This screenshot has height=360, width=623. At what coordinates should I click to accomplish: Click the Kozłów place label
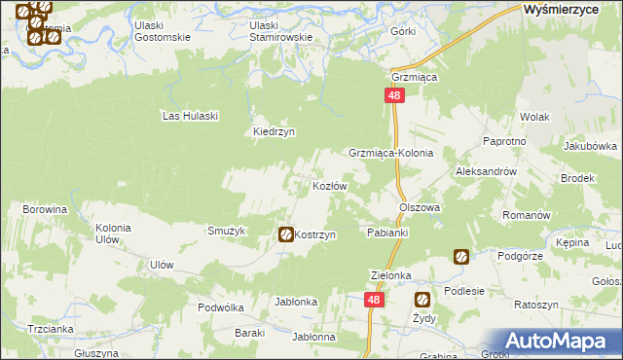click(x=329, y=186)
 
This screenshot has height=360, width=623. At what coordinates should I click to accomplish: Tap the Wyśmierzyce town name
click(x=566, y=8)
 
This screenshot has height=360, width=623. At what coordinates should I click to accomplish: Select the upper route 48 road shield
click(x=394, y=95)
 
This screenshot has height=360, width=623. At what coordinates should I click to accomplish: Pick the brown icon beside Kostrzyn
click(x=285, y=234)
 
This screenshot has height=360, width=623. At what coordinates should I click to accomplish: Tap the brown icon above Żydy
click(x=422, y=300)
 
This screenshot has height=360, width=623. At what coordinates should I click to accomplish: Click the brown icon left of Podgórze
click(x=460, y=257)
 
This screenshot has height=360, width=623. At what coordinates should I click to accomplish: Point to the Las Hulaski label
click(x=191, y=116)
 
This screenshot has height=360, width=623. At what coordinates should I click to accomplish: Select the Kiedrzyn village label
click(x=274, y=131)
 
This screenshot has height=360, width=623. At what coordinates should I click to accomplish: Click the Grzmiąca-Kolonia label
click(x=390, y=154)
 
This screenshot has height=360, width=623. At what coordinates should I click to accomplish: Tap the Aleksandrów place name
click(x=485, y=170)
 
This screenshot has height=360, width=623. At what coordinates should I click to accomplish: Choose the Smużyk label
click(x=225, y=231)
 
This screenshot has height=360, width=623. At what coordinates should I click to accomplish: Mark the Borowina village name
click(x=45, y=209)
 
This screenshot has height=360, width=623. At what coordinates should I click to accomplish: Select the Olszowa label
click(x=420, y=207)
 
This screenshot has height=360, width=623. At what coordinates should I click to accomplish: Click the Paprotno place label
click(x=504, y=141)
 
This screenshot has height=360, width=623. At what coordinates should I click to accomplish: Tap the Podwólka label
click(x=220, y=306)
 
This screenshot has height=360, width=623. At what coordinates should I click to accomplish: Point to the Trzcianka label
click(x=52, y=329)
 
